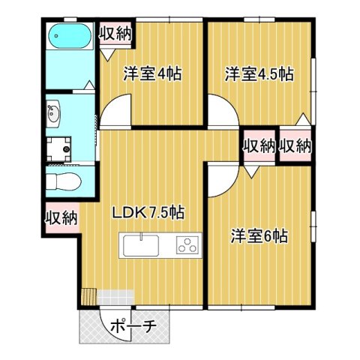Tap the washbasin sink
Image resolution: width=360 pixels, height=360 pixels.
[54, 115]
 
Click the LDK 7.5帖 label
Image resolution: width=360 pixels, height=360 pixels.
[148, 213]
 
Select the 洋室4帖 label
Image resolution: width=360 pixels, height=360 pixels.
[153, 75]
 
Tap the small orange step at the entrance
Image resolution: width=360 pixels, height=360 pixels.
[89, 296]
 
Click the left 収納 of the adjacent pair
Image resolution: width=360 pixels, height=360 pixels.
[258, 145]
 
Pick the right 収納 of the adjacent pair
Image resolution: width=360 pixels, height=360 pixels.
[295, 145]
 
